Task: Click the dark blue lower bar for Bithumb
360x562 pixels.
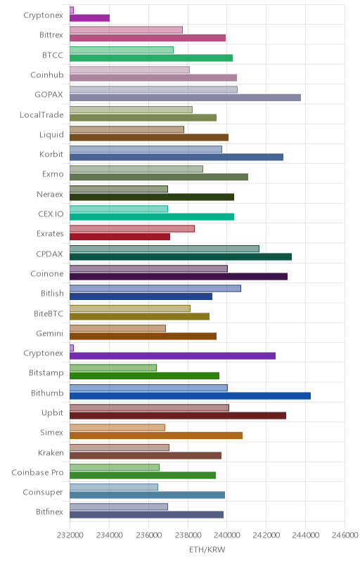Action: [x=190, y=396]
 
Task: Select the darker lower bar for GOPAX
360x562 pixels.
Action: [x=185, y=98]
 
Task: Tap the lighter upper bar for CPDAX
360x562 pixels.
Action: [x=165, y=249]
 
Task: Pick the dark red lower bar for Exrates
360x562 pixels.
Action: [x=120, y=237]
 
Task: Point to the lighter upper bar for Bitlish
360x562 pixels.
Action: [x=155, y=289]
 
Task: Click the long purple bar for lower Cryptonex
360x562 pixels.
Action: [x=172, y=356]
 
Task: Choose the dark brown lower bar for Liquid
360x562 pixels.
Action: [x=149, y=137]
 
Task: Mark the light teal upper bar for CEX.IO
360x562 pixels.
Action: [x=119, y=209]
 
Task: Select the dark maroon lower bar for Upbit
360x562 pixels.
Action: [x=178, y=416]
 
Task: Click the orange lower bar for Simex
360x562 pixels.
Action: [x=156, y=436]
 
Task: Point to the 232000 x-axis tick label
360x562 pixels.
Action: [x=70, y=535]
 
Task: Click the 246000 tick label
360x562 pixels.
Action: [x=345, y=535]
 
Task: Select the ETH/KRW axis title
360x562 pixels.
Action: [x=207, y=550]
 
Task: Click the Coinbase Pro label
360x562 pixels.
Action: [x=38, y=472]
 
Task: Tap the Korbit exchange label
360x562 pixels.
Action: [x=51, y=154]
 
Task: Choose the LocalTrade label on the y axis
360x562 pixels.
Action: [x=41, y=115]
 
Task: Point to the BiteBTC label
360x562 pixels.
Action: [x=49, y=313]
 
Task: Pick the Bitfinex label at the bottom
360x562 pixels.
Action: [x=49, y=512]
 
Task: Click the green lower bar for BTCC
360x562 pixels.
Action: [x=151, y=58]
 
